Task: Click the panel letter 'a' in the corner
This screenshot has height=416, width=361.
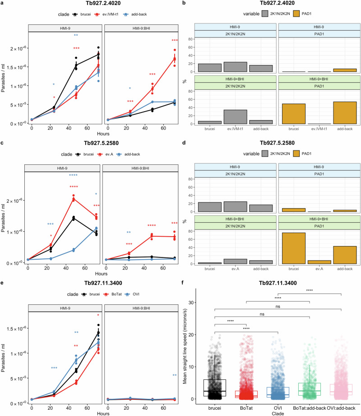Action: [3, 4]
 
